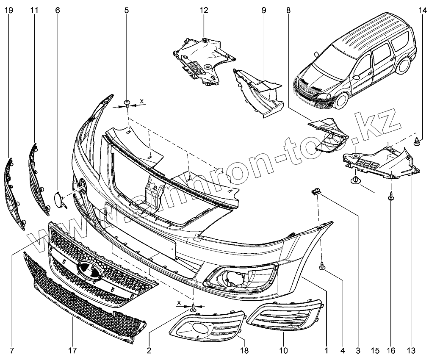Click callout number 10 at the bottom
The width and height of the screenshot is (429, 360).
tap(283, 350)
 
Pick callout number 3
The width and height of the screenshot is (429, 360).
tap(358, 350)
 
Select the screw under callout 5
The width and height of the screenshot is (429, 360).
tap(127, 103)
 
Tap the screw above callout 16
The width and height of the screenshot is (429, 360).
tap(390, 197)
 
